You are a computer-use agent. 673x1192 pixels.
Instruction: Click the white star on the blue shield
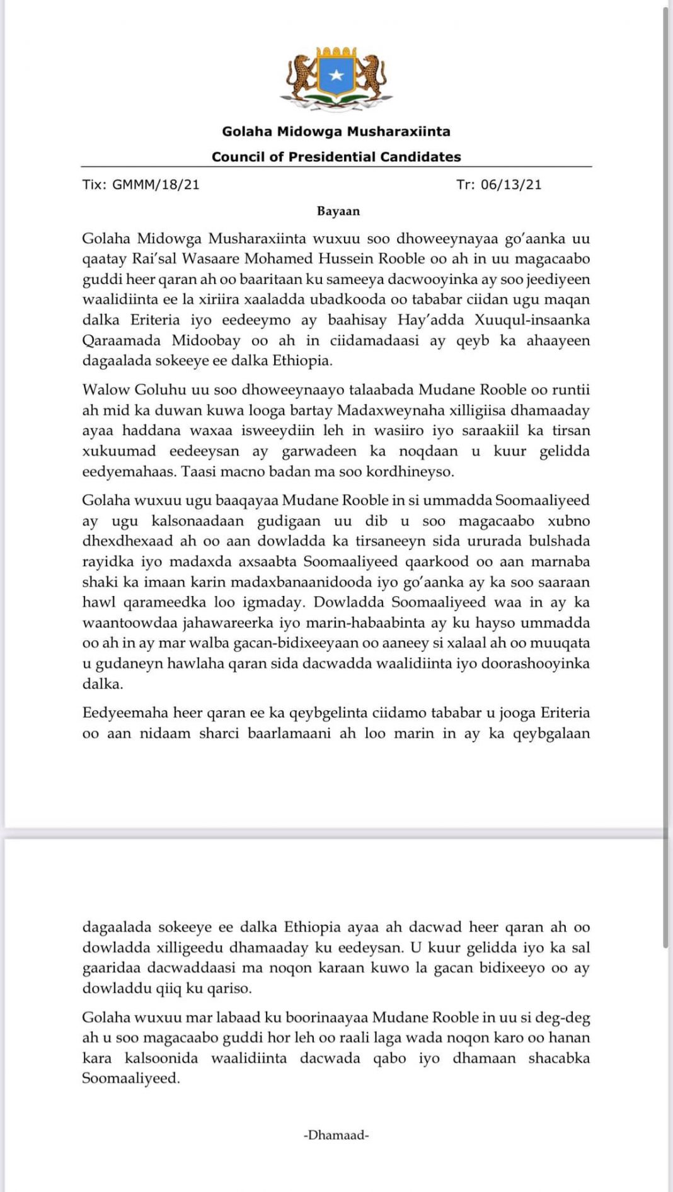[336, 76]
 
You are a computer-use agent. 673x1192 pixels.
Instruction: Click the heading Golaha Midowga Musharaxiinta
[336, 132]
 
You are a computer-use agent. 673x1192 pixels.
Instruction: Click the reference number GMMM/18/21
[156, 185]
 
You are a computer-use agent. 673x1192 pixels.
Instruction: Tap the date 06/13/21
[511, 185]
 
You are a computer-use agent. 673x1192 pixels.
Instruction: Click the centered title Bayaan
[338, 211]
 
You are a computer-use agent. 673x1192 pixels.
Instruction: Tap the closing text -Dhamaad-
[336, 1135]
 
